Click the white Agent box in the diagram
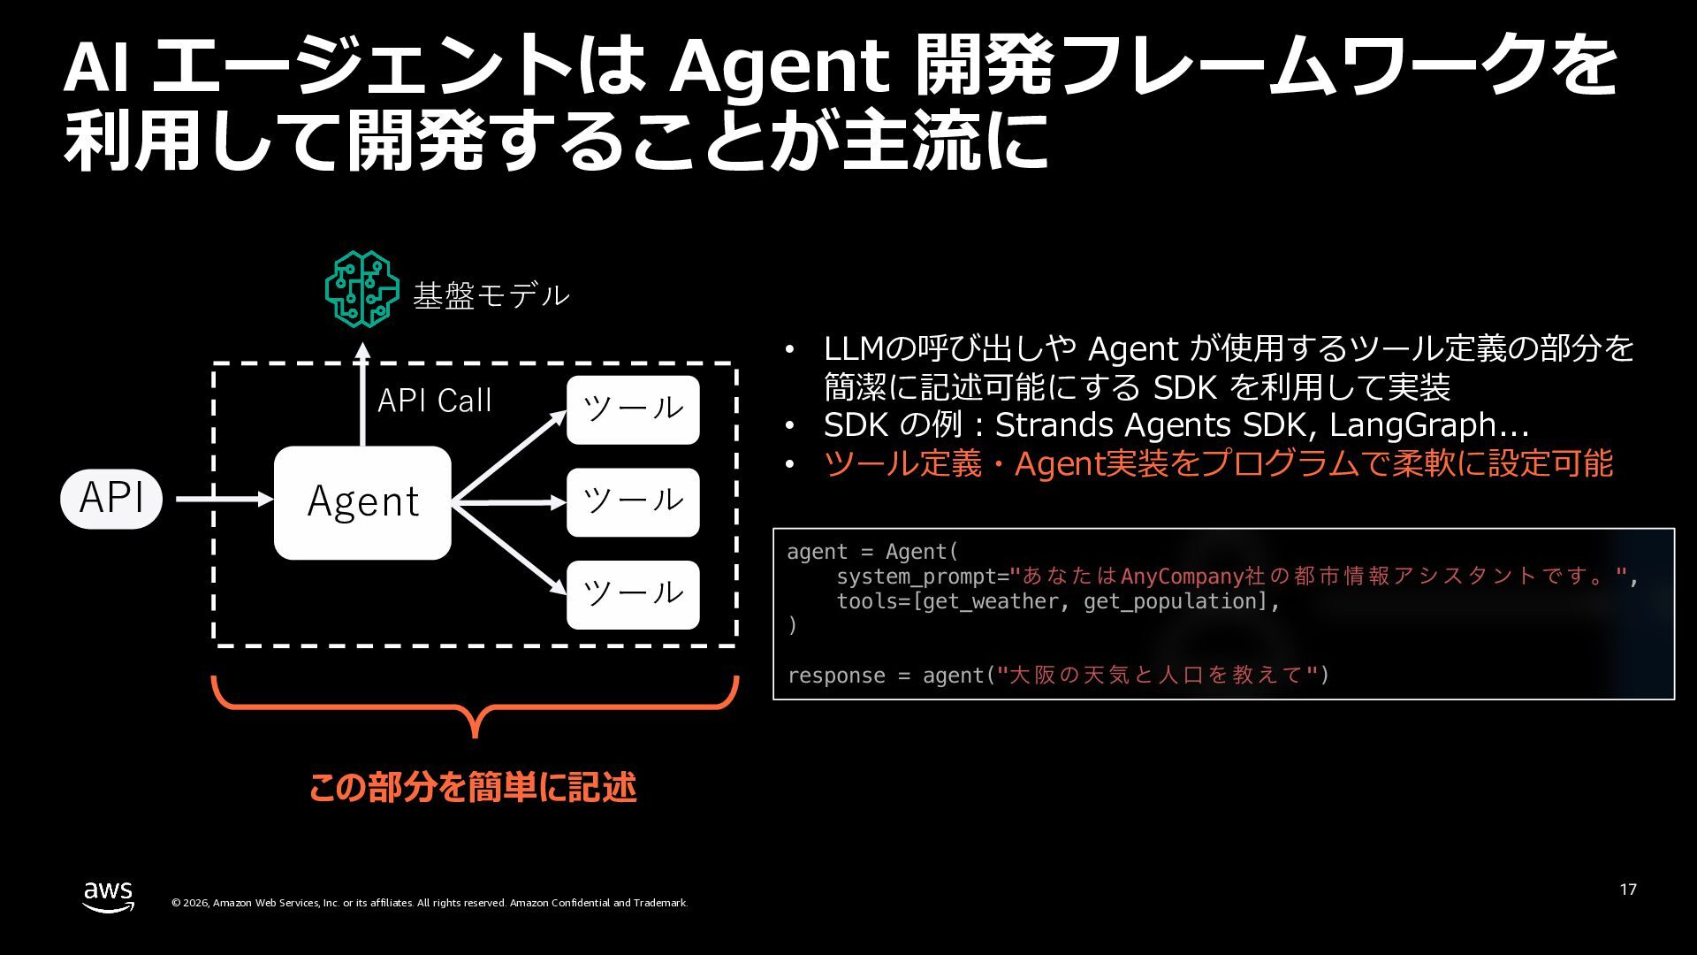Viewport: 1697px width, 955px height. pyautogui.click(x=362, y=502)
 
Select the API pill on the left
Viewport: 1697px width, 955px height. pyautogui.click(x=111, y=499)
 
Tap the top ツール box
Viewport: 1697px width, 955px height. pyautogui.click(x=633, y=409)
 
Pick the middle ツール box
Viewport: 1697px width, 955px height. pyautogui.click(x=633, y=502)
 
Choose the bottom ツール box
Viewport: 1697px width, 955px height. pyautogui.click(x=633, y=594)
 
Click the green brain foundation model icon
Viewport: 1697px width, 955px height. pyautogui.click(x=361, y=289)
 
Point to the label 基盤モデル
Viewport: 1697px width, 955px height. pyautogui.click(x=491, y=295)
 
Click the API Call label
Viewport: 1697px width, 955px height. pyautogui.click(x=434, y=401)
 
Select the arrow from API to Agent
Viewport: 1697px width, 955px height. pyautogui.click(x=224, y=499)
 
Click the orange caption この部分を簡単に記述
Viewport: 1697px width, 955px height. pyautogui.click(x=473, y=787)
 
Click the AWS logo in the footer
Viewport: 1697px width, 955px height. pyautogui.click(x=109, y=897)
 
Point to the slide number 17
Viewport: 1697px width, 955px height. pyautogui.click(x=1628, y=890)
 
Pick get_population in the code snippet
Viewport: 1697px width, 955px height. pyautogui.click(x=1176, y=601)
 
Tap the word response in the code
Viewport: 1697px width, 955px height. pyautogui.click(x=836, y=676)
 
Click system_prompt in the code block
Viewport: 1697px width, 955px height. pyautogui.click(x=916, y=577)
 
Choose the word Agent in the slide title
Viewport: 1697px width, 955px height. pyautogui.click(x=778, y=65)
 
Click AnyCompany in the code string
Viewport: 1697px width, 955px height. pyautogui.click(x=1183, y=577)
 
